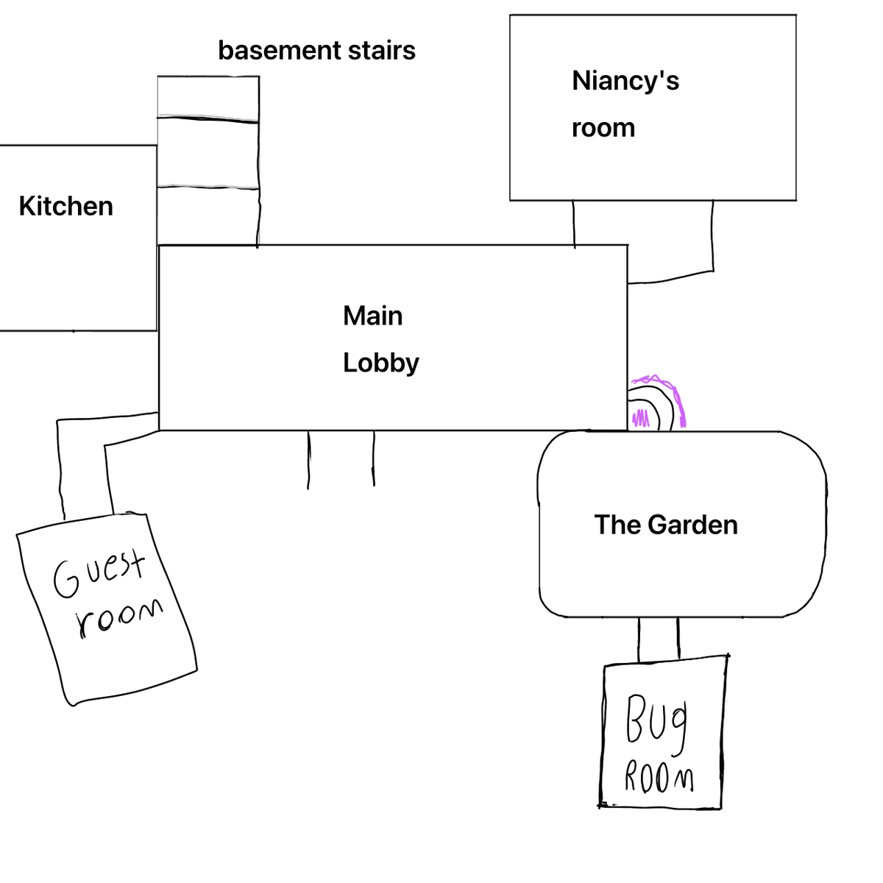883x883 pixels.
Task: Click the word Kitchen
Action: tap(66, 206)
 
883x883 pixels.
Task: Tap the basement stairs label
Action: tap(316, 50)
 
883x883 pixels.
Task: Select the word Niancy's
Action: tap(625, 80)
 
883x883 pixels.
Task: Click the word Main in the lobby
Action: tap(373, 316)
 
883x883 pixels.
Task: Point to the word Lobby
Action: tap(380, 363)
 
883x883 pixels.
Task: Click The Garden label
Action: tap(666, 525)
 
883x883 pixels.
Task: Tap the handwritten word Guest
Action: tap(99, 573)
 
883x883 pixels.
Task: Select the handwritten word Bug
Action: tap(656, 721)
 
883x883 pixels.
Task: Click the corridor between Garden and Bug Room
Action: tap(659, 639)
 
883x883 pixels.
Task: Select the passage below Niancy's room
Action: tap(644, 239)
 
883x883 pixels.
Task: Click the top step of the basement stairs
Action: tap(208, 96)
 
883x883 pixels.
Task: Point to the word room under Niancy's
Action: tap(603, 128)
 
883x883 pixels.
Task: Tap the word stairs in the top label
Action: tap(383, 50)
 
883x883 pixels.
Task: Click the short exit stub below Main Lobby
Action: tap(341, 458)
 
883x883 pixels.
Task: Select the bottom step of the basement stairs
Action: tap(208, 216)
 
